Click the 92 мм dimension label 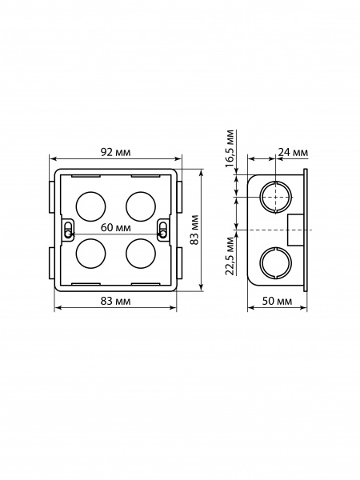115,152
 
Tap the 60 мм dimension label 116,228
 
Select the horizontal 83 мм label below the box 115,302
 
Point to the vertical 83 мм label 194,230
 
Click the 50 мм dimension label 277,302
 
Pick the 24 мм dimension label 293,152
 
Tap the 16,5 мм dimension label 230,149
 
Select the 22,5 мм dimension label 230,256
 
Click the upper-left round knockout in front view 90,206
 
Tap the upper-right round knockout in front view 141,206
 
